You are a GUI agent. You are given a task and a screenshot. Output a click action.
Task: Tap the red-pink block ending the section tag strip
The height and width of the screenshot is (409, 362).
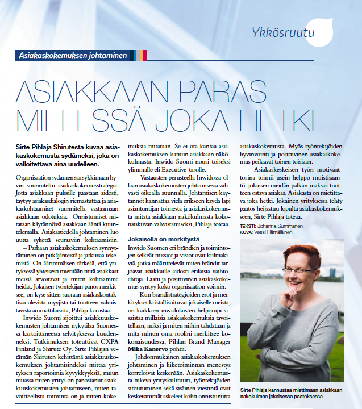[x=145, y=55]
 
